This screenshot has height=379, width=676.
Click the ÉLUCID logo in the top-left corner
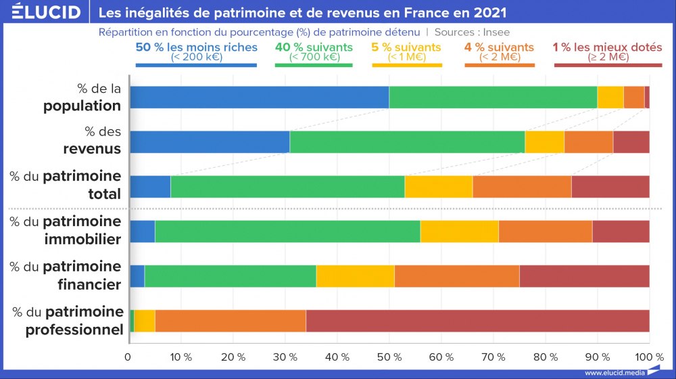(x=42, y=12)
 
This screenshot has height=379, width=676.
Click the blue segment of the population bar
(x=258, y=97)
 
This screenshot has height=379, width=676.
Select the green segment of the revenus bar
(x=407, y=142)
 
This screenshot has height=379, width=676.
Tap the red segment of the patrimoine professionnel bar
(x=477, y=321)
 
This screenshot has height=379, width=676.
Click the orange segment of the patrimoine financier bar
(x=456, y=276)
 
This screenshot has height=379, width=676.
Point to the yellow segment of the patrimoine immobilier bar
(x=459, y=231)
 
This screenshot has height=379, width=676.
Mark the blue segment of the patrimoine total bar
(x=149, y=187)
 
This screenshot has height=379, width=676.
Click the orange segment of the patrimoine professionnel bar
(x=231, y=321)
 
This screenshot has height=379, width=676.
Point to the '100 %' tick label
(x=650, y=357)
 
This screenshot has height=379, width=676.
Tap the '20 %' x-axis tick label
(x=233, y=357)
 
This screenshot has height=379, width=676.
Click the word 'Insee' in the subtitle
(x=496, y=32)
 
